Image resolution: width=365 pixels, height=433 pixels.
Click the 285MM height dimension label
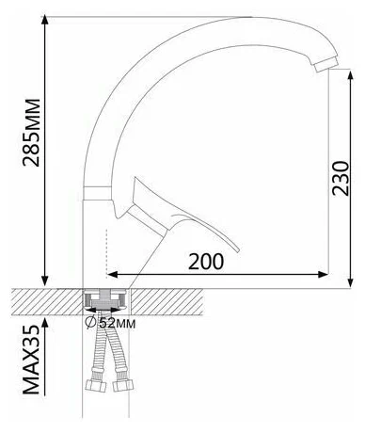click(31, 133)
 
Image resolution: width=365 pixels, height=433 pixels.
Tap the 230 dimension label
click(341, 178)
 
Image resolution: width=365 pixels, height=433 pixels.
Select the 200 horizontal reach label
click(206, 262)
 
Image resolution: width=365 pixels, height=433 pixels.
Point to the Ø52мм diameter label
click(110, 323)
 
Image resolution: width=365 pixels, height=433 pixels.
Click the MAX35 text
click(31, 360)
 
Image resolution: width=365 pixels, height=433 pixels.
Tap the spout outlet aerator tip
click(326, 64)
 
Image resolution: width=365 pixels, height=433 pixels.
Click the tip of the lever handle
click(238, 250)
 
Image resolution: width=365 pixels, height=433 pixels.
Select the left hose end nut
click(96, 385)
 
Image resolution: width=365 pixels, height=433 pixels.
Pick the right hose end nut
click(122, 385)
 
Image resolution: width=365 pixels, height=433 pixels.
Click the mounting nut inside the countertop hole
click(104, 299)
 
